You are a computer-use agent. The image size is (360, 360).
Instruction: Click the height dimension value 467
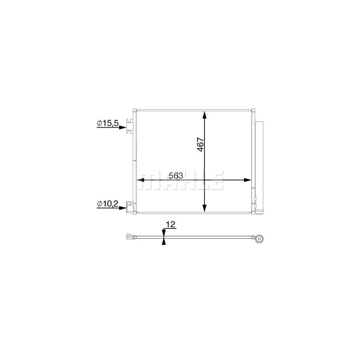(200, 144)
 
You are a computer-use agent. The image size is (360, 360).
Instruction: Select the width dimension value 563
(176, 176)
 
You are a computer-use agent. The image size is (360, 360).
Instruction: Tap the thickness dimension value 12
(171, 224)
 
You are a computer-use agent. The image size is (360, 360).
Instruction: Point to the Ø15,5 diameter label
(108, 123)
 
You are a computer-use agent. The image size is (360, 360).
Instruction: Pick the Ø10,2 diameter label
(108, 204)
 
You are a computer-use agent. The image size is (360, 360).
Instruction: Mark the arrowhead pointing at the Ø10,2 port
(123, 208)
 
